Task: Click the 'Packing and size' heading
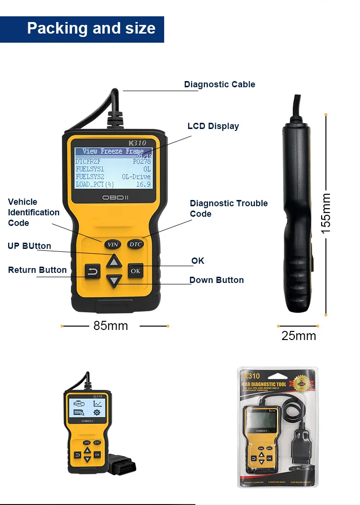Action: pyautogui.click(x=91, y=28)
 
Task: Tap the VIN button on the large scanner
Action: pyautogui.click(x=112, y=244)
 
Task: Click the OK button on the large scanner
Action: pyautogui.click(x=135, y=270)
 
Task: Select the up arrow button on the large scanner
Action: pyautogui.click(x=114, y=261)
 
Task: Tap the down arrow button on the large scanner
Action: pyautogui.click(x=114, y=281)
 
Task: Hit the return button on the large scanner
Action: pyautogui.click(x=92, y=271)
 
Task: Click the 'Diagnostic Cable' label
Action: pyautogui.click(x=219, y=84)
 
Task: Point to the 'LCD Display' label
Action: pyautogui.click(x=213, y=126)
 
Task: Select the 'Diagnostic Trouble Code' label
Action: pyautogui.click(x=228, y=209)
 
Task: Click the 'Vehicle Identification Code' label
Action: pyautogui.click(x=34, y=212)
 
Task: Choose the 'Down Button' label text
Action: pyautogui.click(x=216, y=280)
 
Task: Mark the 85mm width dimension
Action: pyautogui.click(x=111, y=326)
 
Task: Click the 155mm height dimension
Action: pyautogui.click(x=326, y=213)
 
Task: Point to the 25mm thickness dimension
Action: pyautogui.click(x=299, y=336)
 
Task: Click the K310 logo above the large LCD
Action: pyautogui.click(x=137, y=142)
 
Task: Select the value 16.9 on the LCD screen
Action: pyautogui.click(x=143, y=184)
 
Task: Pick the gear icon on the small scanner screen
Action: pyautogui.click(x=97, y=412)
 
